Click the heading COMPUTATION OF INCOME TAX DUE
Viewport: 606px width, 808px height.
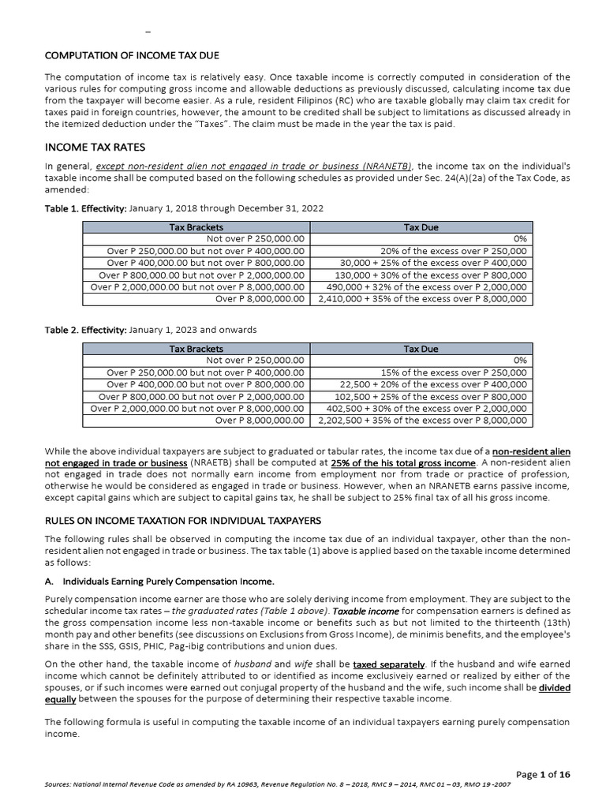click(132, 55)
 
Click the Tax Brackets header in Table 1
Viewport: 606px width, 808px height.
click(196, 227)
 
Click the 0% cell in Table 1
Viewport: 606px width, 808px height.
click(520, 239)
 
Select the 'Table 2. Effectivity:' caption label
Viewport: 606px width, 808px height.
click(85, 329)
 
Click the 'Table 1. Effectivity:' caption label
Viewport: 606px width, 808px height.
click(85, 208)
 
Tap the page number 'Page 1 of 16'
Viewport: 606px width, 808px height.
click(543, 775)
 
